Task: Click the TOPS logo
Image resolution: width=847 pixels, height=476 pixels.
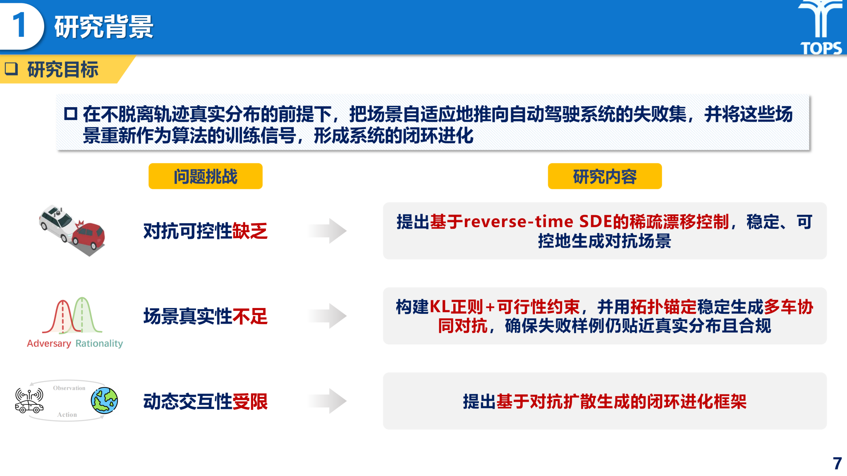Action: point(821,27)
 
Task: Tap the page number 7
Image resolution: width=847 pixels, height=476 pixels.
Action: point(837,464)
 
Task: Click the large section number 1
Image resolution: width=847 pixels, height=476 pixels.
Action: point(19,25)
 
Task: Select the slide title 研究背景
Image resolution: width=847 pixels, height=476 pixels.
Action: point(104,27)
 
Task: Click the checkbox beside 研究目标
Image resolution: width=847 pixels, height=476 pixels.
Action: point(12,69)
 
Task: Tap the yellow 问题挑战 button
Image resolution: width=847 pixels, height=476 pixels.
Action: point(206,176)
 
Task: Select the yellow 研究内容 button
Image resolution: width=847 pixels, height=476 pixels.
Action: point(605,176)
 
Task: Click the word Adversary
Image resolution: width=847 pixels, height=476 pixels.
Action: point(49,344)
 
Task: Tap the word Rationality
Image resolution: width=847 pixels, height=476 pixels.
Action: point(99,344)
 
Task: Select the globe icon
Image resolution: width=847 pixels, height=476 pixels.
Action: point(104,400)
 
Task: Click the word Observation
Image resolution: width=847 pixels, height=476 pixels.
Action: point(69,388)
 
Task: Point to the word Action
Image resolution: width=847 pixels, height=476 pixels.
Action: point(67,414)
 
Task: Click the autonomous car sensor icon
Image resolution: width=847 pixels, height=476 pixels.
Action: point(29,400)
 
